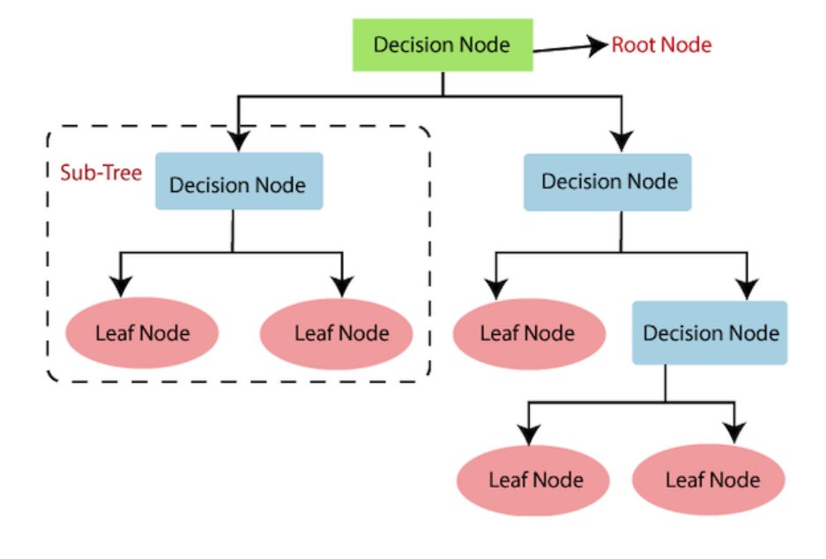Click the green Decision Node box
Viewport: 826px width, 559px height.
tap(443, 45)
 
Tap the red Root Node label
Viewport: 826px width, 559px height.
tap(661, 44)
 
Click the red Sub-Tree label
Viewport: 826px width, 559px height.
tap(100, 172)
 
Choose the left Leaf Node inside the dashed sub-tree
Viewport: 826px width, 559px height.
tap(142, 333)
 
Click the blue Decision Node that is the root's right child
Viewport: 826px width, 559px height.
tap(610, 183)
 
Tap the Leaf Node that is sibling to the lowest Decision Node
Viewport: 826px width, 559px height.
tap(528, 333)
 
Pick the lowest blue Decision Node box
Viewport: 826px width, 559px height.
tap(710, 333)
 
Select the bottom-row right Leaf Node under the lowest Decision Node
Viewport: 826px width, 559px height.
tap(711, 481)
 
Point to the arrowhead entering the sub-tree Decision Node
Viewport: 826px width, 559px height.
tap(238, 141)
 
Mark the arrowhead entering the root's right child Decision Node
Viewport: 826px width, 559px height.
tap(622, 139)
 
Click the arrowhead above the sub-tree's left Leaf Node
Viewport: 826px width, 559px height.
tap(123, 286)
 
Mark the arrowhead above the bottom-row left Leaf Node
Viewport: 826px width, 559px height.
tap(528, 434)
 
